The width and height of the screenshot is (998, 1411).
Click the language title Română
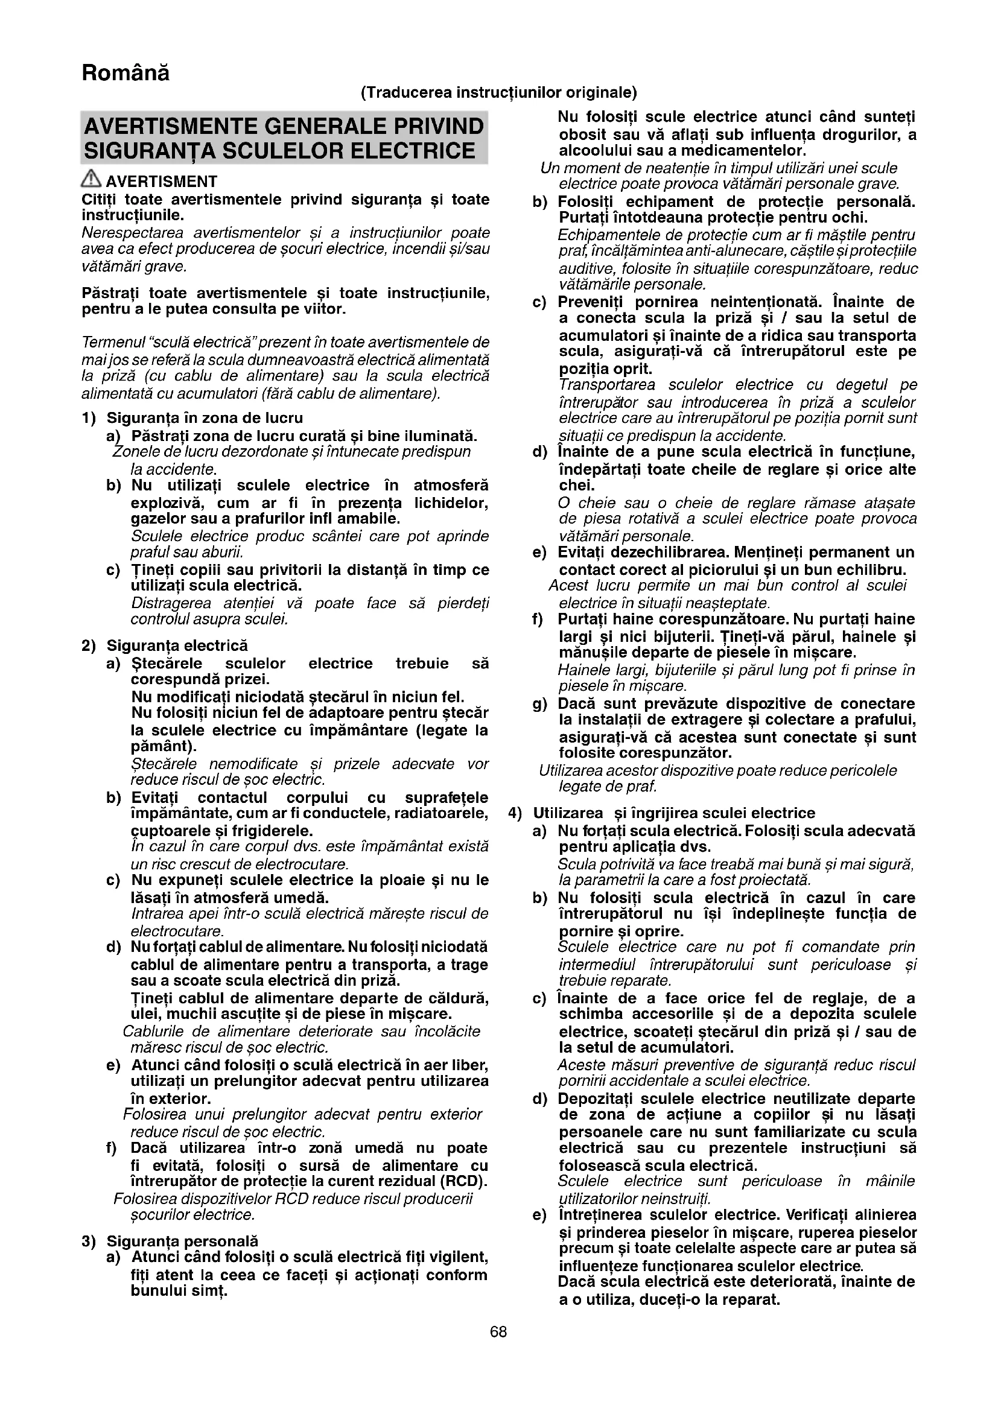tap(126, 73)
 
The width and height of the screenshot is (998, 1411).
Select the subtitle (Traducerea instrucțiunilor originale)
tap(498, 92)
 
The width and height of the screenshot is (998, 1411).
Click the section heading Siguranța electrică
tap(177, 645)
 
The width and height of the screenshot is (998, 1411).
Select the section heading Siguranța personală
tap(182, 1241)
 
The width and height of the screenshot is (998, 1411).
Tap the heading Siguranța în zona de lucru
tap(205, 418)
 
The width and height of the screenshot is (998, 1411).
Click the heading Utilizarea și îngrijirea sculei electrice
tap(673, 813)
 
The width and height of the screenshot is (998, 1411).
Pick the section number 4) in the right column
tap(514, 813)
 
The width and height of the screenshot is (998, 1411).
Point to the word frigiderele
tap(280, 831)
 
